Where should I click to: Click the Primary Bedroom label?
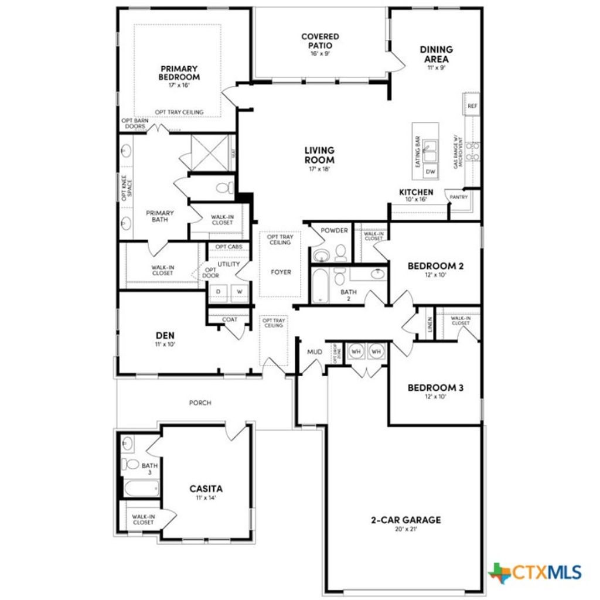[179, 73]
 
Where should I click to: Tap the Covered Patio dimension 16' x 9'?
[320, 53]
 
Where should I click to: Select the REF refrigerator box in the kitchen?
[472, 106]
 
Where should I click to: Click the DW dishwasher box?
[431, 172]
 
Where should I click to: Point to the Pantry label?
[458, 197]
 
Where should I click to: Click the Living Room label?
[319, 155]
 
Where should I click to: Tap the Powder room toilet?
[340, 254]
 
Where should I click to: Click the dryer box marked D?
[219, 291]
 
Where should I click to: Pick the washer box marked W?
[240, 291]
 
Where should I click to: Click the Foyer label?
[281, 272]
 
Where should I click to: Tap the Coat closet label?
[230, 320]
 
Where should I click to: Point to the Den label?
[165, 336]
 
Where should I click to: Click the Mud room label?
[315, 352]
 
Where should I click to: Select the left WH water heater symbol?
[356, 352]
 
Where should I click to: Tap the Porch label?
[200, 403]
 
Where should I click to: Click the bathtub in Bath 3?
[141, 487]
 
